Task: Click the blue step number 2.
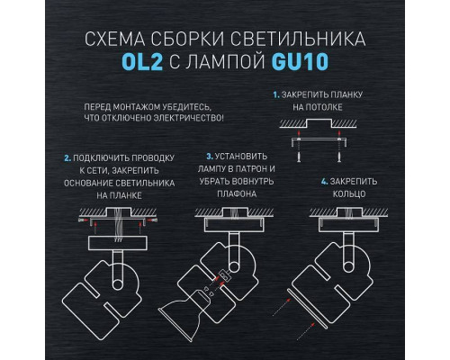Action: click(66, 155)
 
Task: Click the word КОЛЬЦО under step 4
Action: click(350, 193)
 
